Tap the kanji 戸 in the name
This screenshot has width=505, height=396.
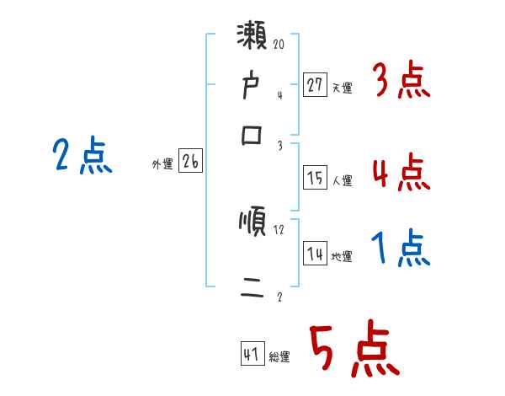point(252,88)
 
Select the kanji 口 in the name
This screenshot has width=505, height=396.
point(252,135)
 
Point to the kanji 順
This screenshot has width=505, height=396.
point(252,222)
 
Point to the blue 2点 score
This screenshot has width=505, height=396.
point(82,157)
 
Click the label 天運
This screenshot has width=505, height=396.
point(342,87)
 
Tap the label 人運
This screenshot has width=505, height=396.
point(342,180)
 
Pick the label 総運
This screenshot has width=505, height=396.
point(279,357)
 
